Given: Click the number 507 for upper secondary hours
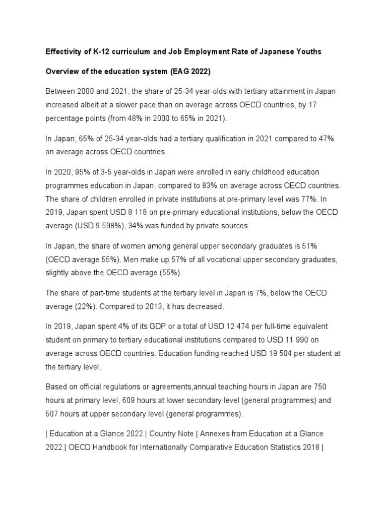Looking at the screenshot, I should pos(52,414).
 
